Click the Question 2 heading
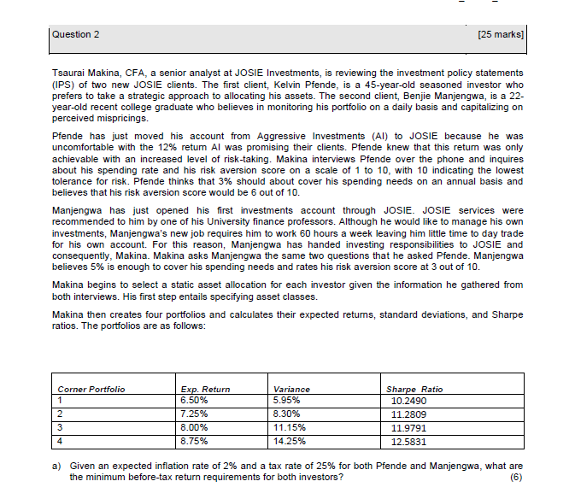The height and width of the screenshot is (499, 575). click(x=76, y=34)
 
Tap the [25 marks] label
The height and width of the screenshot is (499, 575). click(x=502, y=34)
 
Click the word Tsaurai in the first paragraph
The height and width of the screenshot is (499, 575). click(x=68, y=74)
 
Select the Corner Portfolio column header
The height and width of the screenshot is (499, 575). click(x=91, y=389)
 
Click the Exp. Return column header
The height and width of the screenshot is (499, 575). click(x=206, y=389)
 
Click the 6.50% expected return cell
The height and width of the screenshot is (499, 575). click(x=194, y=399)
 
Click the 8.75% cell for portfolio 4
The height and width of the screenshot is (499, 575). click(x=194, y=442)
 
